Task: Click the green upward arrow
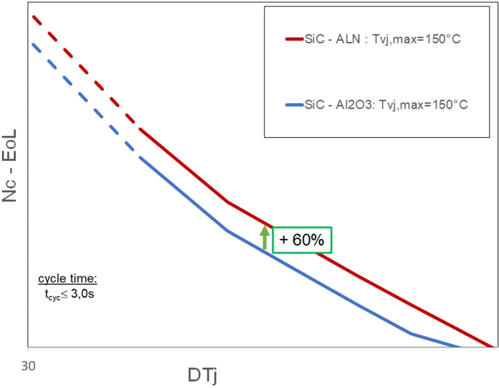265,237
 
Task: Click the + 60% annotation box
302,240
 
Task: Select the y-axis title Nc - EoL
9,166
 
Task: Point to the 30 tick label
28,366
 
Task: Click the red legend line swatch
294,39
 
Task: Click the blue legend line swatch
294,105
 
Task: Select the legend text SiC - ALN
332,39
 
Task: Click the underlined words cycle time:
67,279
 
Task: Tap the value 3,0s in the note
82,293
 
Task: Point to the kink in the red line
227,202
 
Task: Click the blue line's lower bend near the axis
411,333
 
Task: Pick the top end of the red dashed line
34,17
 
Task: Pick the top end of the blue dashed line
34,44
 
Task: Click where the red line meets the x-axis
492,346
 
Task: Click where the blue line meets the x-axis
460,346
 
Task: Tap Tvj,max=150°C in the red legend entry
416,39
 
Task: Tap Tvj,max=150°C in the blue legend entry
423,105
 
